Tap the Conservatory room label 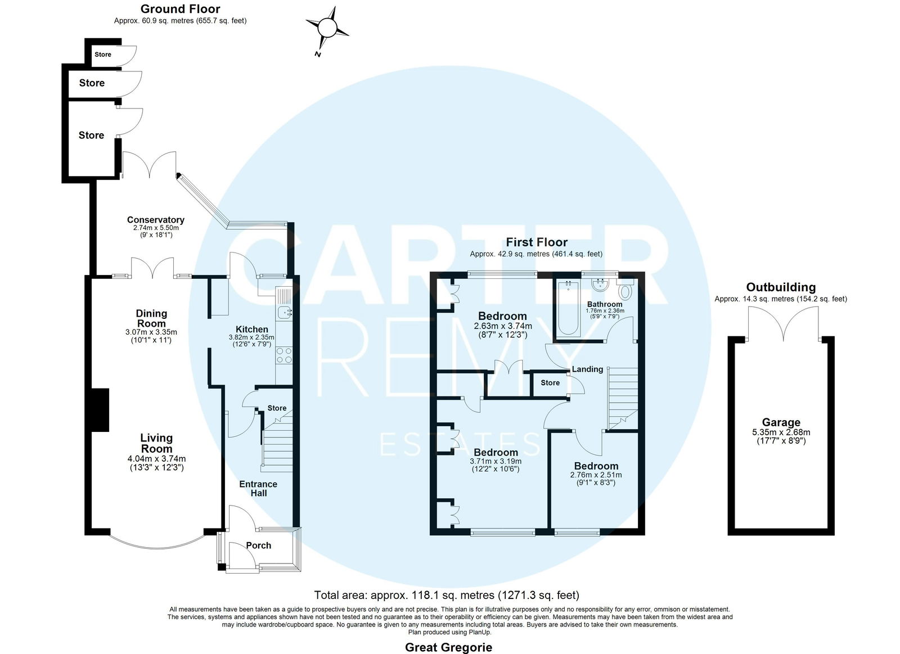(x=155, y=220)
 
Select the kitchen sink (x=285, y=312)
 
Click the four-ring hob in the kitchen (x=284, y=355)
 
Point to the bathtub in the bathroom (x=568, y=308)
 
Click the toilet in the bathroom (x=625, y=290)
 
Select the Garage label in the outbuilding (x=781, y=422)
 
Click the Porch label (x=258, y=545)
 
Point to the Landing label (x=587, y=369)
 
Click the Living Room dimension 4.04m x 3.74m (x=157, y=458)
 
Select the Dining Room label (x=151, y=318)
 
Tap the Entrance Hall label (x=258, y=489)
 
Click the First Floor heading (x=537, y=242)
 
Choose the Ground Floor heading (x=181, y=9)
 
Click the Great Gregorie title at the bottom (x=448, y=647)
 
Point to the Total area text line (x=447, y=594)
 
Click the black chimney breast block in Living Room (x=100, y=410)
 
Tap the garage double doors (x=783, y=324)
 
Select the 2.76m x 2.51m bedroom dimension (x=596, y=475)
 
